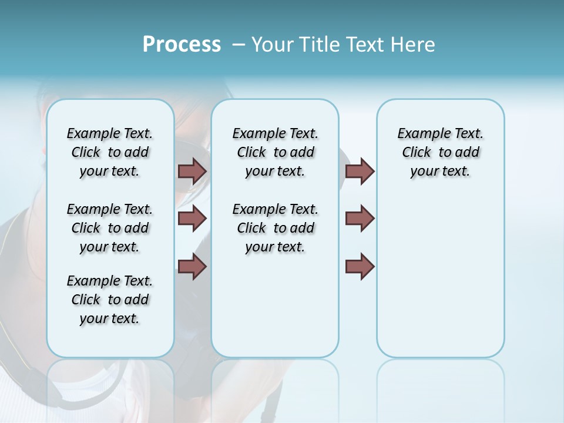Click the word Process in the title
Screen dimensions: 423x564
click(182, 44)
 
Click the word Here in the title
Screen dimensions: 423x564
click(414, 44)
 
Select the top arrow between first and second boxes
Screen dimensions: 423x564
click(192, 171)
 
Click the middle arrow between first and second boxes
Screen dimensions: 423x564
click(192, 219)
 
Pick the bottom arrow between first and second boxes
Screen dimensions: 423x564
click(192, 267)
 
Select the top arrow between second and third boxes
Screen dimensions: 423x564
click(360, 171)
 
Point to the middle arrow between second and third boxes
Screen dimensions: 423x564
click(360, 219)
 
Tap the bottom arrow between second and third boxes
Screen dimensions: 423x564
click(360, 267)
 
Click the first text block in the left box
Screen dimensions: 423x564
click(110, 152)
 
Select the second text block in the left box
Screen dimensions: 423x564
click(110, 228)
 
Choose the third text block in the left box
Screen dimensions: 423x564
click(110, 300)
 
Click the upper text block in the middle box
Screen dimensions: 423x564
click(275, 152)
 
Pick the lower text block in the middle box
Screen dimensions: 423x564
click(275, 228)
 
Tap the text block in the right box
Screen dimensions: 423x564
click(440, 152)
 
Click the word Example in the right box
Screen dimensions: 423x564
click(419, 134)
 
